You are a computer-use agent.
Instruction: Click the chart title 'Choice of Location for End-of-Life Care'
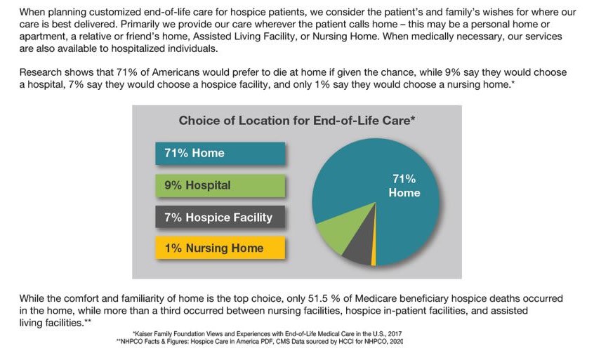pyautogui.click(x=296, y=121)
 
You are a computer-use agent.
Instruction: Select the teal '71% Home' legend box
pyautogui.click(x=220, y=153)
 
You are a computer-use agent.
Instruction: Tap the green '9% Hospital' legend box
pyautogui.click(x=220, y=185)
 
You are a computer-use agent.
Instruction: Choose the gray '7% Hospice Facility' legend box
pyautogui.click(x=220, y=217)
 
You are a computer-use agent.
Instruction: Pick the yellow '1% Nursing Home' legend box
pyautogui.click(x=220, y=248)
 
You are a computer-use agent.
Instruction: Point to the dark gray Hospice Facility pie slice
pyautogui.click(x=360, y=248)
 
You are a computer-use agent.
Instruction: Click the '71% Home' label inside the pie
pyautogui.click(x=404, y=185)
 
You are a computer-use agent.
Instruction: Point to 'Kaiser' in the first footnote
pyautogui.click(x=143, y=334)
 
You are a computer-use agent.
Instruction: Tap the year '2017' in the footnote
pyautogui.click(x=395, y=334)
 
